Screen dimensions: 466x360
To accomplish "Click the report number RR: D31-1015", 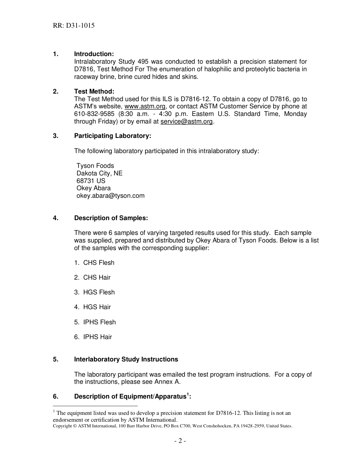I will [x=74, y=26].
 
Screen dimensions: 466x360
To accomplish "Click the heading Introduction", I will [x=94, y=54].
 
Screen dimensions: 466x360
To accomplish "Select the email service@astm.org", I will [x=186, y=122].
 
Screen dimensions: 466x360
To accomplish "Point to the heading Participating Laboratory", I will [x=113, y=136].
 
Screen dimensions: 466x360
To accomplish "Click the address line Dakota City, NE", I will [x=99, y=174].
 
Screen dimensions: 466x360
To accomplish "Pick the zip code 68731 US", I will [x=91, y=181].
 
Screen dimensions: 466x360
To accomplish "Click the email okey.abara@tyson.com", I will [x=110, y=196].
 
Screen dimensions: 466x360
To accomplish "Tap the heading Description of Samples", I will [x=111, y=218].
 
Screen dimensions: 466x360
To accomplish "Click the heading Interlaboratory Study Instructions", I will [x=126, y=360].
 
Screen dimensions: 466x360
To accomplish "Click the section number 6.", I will [x=55, y=397].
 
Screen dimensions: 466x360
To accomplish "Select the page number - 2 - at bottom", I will [x=180, y=441].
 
